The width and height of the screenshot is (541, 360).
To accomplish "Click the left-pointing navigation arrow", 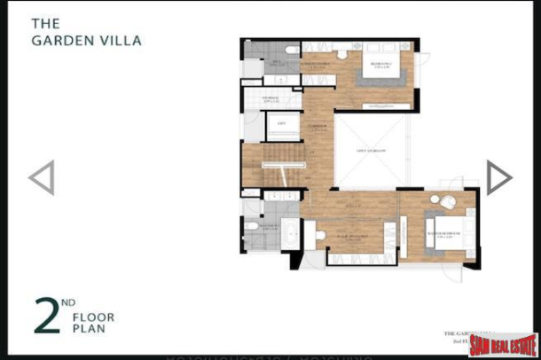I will pos(42,177).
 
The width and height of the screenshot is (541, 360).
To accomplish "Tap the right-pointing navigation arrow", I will pos(498,177).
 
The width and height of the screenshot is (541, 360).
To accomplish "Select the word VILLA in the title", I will pos(121,40).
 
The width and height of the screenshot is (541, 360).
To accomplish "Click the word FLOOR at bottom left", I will pos(94,317).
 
